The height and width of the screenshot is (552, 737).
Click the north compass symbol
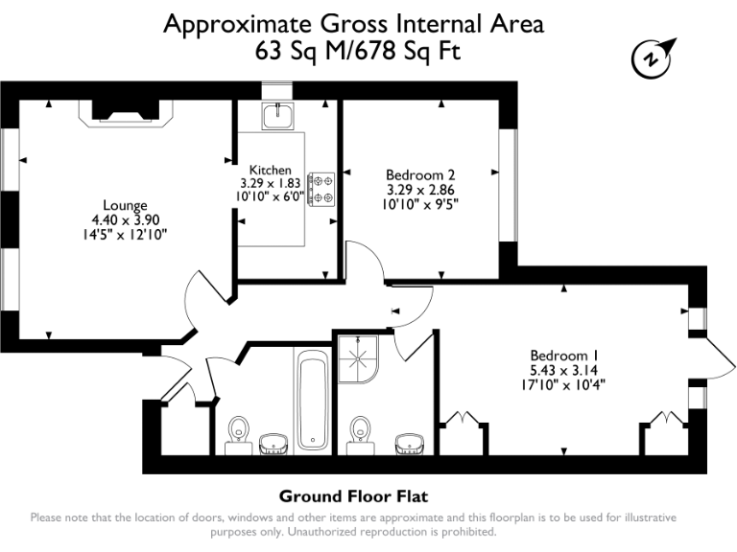tap(654, 57)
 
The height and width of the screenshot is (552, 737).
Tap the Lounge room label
tap(125, 205)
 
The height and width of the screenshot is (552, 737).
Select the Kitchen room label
tap(270, 170)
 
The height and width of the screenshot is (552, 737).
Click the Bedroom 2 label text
tap(419, 175)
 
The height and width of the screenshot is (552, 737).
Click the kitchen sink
tap(282, 116)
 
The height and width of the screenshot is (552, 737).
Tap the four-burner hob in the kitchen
tap(321, 189)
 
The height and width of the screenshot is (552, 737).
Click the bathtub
tap(312, 401)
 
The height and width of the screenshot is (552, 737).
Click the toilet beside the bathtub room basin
tap(238, 436)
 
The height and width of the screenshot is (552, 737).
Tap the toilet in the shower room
tap(361, 435)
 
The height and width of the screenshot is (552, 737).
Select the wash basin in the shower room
tap(413, 442)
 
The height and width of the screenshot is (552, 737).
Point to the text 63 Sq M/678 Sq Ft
tap(357, 52)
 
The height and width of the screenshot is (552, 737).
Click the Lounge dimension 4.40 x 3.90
tap(125, 219)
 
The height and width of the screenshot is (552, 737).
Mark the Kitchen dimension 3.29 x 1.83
tap(270, 183)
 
